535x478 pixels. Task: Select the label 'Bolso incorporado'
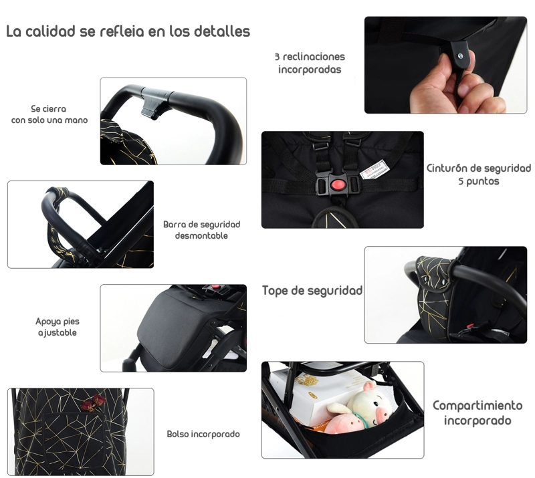point(203,434)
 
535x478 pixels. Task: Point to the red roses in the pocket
point(94,402)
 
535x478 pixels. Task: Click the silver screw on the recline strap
point(460,56)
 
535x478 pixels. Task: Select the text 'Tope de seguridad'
point(312,290)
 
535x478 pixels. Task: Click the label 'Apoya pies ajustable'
point(58,327)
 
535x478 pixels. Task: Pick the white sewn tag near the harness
point(373,169)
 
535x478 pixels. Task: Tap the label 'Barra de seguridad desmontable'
point(202,230)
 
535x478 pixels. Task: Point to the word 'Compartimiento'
point(477,406)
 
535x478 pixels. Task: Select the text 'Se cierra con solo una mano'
point(49,114)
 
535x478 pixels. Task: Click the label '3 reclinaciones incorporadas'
point(310,63)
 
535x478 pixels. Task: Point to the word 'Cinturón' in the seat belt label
point(447,168)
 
